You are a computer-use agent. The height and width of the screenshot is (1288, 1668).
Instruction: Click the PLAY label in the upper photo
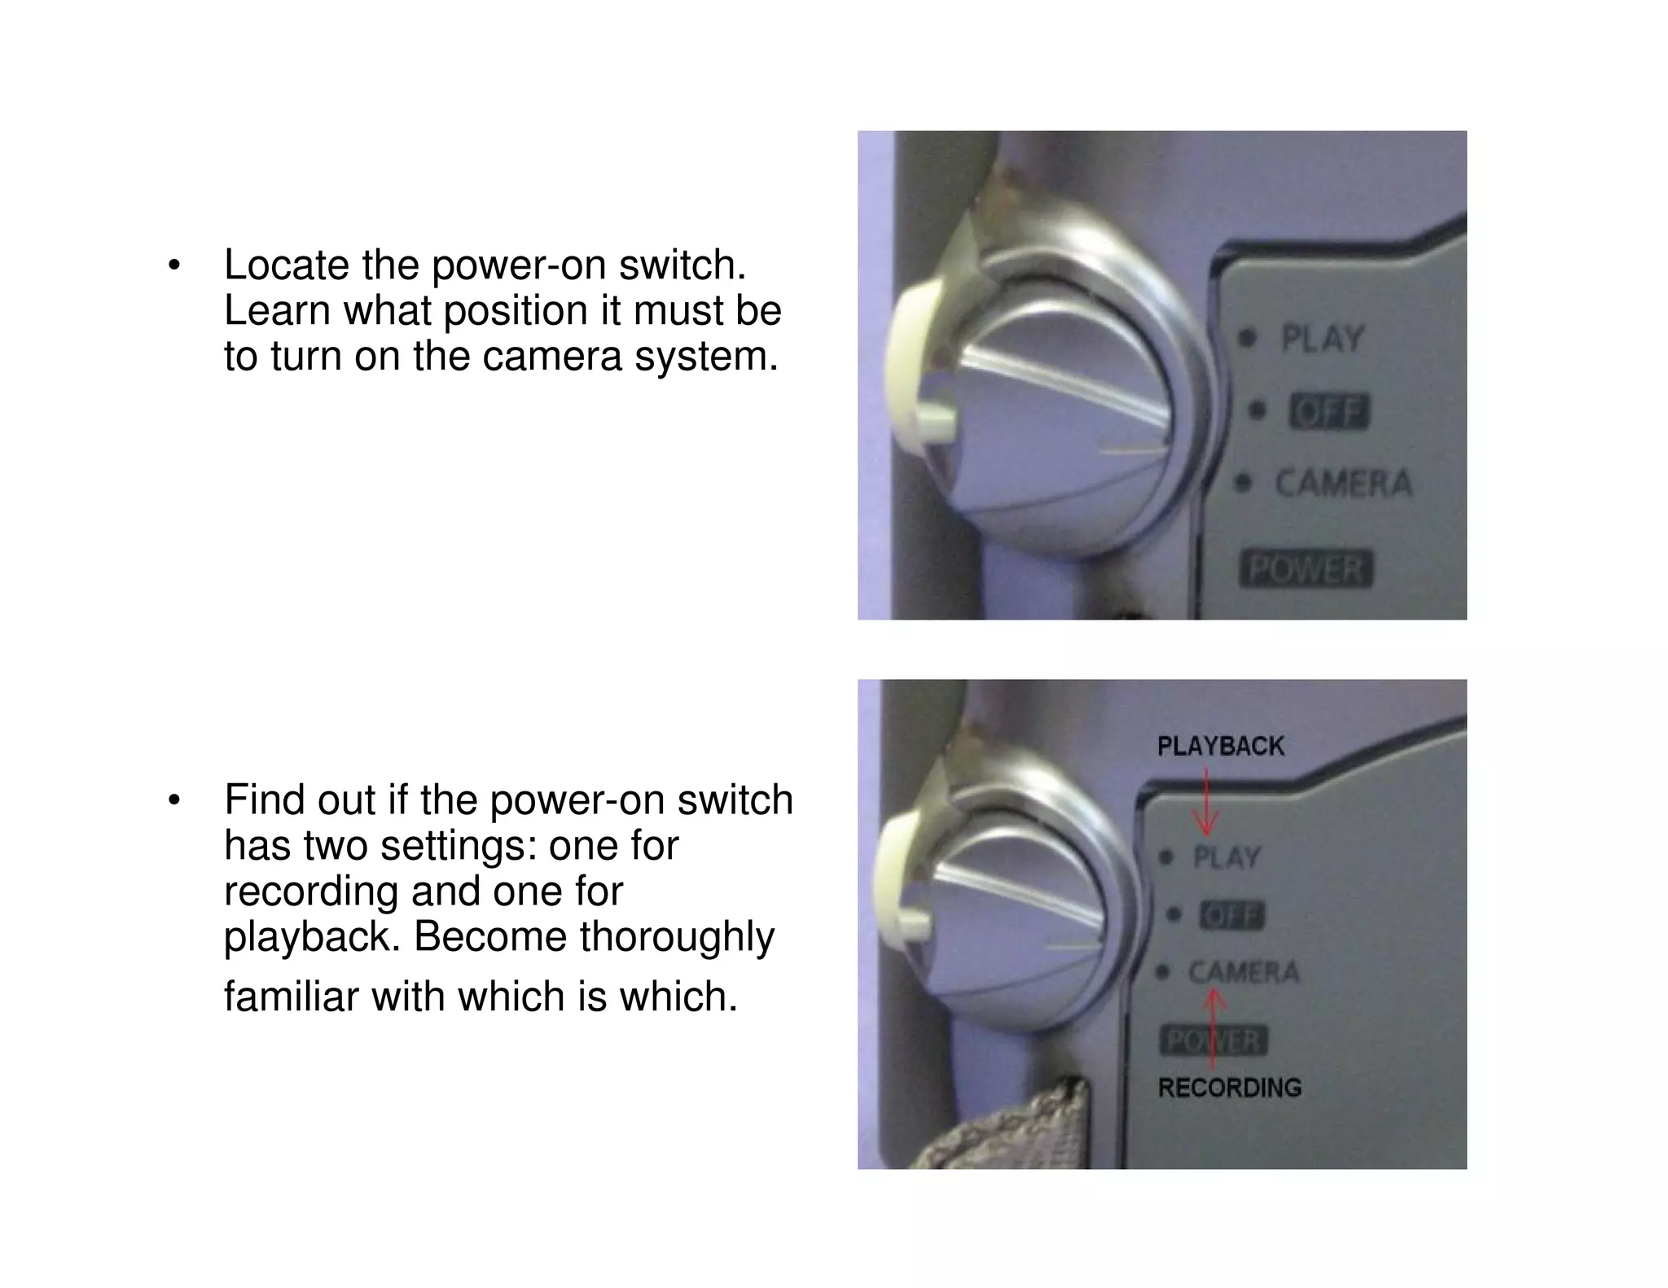click(x=1323, y=338)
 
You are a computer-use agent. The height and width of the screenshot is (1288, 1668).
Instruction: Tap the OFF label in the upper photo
click(x=1329, y=412)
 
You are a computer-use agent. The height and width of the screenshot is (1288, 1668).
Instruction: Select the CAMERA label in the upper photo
click(x=1343, y=484)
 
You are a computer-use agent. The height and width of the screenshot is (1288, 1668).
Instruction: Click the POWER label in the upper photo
click(x=1306, y=569)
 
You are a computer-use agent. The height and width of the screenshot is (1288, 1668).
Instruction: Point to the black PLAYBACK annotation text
click(x=1220, y=747)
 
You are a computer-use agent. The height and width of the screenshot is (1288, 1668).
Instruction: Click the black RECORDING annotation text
click(x=1229, y=1088)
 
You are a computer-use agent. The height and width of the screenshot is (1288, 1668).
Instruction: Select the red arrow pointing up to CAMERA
click(x=1214, y=1026)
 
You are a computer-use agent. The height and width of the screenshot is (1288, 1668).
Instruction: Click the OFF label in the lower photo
click(x=1232, y=916)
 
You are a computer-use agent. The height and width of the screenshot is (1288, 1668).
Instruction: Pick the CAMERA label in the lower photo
click(x=1244, y=972)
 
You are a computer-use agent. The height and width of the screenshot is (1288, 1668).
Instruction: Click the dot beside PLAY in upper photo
click(x=1247, y=338)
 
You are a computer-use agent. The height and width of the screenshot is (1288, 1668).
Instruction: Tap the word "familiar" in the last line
click(x=291, y=996)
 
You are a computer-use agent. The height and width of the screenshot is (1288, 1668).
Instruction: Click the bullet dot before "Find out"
click(x=173, y=801)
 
